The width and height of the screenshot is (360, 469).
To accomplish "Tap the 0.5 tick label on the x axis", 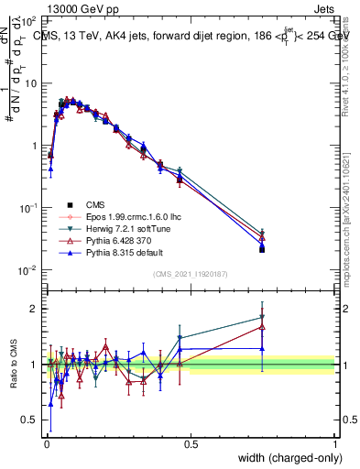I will click(x=191, y=444).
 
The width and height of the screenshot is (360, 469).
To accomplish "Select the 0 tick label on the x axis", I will click(x=46, y=444).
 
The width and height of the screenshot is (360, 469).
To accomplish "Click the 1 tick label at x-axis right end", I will click(x=335, y=444).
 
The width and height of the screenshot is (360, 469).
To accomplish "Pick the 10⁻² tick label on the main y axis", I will click(x=28, y=269).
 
